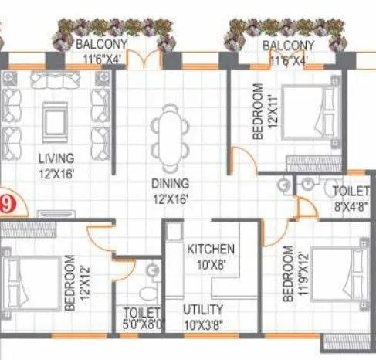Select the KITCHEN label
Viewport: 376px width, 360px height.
click(211, 249)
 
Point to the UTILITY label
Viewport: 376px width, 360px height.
click(203, 310)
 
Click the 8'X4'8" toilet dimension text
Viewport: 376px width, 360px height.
click(352, 206)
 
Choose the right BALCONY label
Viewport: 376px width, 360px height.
click(288, 45)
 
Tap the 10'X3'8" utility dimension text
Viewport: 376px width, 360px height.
click(204, 324)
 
